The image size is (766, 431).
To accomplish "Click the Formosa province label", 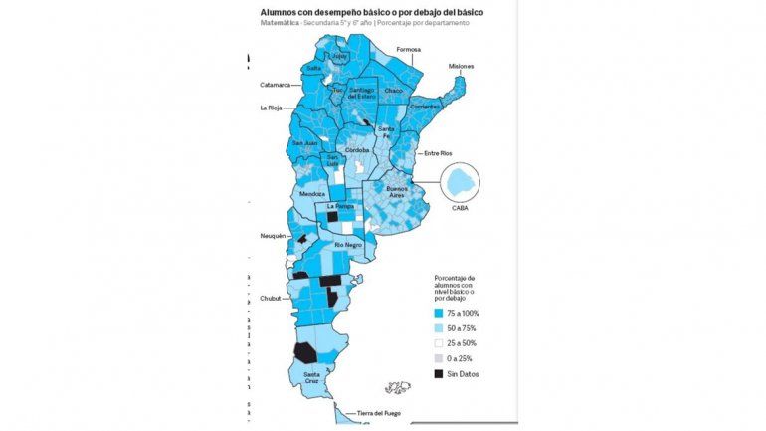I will point(408,49).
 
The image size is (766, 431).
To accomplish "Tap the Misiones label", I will point(461,66).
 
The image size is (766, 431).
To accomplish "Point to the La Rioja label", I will point(271,108).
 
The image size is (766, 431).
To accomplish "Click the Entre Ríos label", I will point(438,153).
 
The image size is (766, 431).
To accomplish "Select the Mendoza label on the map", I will point(311,193).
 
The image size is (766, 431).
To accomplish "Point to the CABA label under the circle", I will point(459,209).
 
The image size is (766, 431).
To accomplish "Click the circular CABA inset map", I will point(459,183).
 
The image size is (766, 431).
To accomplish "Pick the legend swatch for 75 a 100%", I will point(439,313).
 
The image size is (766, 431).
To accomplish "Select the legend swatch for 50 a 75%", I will point(439,327).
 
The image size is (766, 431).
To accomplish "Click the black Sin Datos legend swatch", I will point(439,373).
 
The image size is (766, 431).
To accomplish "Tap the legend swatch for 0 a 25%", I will point(439,358).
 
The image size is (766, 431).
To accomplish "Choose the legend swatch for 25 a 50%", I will point(439,343).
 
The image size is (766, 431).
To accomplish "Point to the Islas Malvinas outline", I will point(398,387).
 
